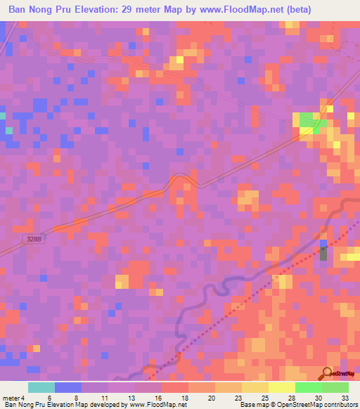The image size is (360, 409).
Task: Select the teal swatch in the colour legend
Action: (41, 387)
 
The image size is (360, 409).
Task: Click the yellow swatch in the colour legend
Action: (281, 387)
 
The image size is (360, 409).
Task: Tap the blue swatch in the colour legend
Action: (67, 387)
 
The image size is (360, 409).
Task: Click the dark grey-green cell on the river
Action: (323, 254)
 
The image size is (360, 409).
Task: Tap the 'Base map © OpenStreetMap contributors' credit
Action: (297, 405)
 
